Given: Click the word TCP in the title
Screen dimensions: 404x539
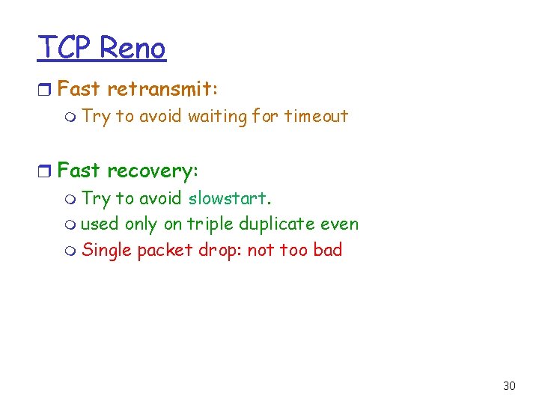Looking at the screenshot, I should click(x=65, y=48).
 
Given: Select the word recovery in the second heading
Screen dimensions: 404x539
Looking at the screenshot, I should click(x=151, y=171).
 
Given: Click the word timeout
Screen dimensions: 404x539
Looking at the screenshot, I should click(x=316, y=116).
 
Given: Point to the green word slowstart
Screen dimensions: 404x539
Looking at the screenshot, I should click(x=230, y=198).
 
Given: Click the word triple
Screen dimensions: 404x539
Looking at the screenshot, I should click(x=211, y=224).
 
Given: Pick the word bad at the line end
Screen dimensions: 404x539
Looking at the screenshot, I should click(x=327, y=250).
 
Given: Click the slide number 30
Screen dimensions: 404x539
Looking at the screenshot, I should click(x=509, y=386).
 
